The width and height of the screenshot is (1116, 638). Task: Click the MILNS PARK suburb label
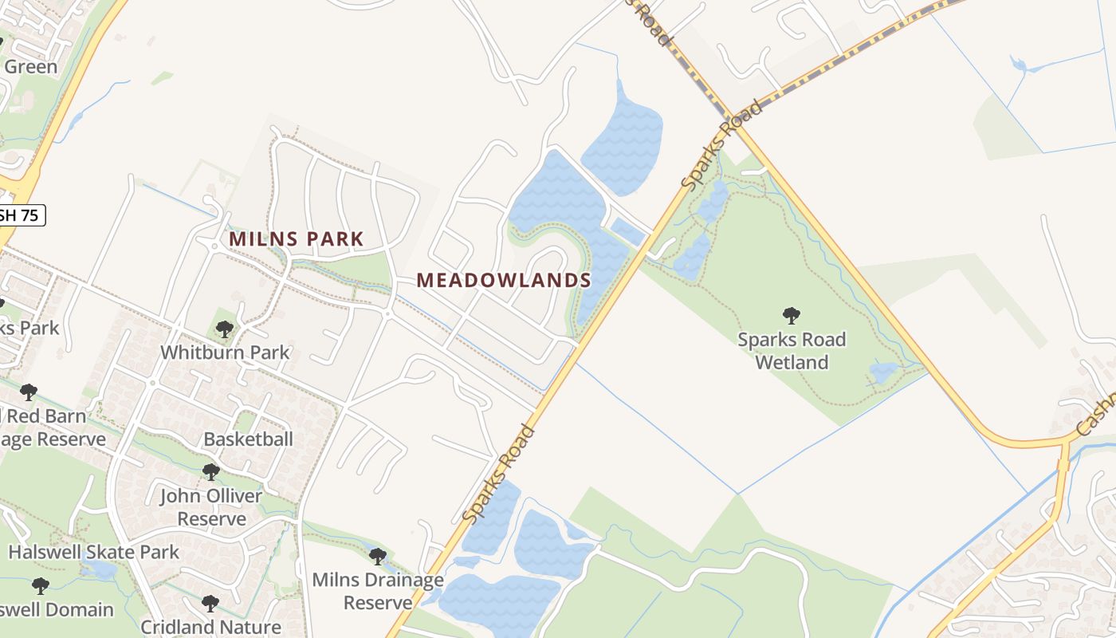coord(296,238)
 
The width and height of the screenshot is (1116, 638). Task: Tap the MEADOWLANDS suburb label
coord(503,280)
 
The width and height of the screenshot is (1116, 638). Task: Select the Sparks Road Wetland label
coord(792,351)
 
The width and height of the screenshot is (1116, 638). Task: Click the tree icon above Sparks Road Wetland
coord(791,316)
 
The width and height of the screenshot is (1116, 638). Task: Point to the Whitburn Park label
coord(225,352)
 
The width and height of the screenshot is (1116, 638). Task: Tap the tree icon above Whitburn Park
coord(225,329)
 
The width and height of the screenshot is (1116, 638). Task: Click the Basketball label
coord(248,439)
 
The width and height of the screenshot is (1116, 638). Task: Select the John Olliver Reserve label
coord(211,507)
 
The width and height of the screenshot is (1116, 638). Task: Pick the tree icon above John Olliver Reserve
coord(210,472)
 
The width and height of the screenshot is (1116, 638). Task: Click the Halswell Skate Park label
coord(94,552)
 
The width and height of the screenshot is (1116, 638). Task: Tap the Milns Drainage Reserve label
coord(378,590)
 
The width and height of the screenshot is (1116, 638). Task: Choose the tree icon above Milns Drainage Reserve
coord(378,556)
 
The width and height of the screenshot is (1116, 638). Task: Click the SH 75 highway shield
coord(22,215)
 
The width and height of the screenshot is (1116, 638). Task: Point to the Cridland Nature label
coord(210,628)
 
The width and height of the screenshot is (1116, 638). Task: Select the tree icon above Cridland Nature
coord(210,603)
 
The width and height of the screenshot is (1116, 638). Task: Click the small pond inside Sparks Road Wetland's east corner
coord(883,372)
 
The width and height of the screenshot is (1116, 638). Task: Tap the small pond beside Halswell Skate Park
coord(101,569)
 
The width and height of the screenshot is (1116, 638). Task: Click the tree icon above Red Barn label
coord(29,392)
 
